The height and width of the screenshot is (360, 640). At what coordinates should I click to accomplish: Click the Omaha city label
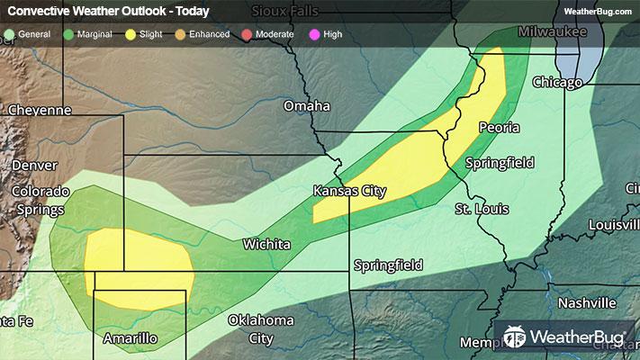coord(306,106)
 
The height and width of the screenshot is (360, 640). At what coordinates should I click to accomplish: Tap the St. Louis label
coord(481,209)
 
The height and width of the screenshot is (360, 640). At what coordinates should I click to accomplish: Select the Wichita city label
coord(266,244)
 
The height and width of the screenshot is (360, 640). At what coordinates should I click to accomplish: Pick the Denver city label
coord(34,166)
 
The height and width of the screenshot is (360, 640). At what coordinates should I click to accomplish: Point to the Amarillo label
coord(131,338)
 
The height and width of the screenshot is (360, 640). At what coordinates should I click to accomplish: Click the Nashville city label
coord(585,302)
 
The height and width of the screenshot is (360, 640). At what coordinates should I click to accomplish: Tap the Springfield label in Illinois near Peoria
coord(500,163)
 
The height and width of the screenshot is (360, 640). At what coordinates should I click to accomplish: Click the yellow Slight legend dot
coord(131,34)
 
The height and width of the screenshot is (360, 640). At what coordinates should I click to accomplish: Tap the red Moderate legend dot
coord(248,34)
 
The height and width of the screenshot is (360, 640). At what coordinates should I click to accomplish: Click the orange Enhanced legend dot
coord(181,34)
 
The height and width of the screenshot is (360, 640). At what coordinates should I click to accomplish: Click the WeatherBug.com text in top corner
coord(597,11)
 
